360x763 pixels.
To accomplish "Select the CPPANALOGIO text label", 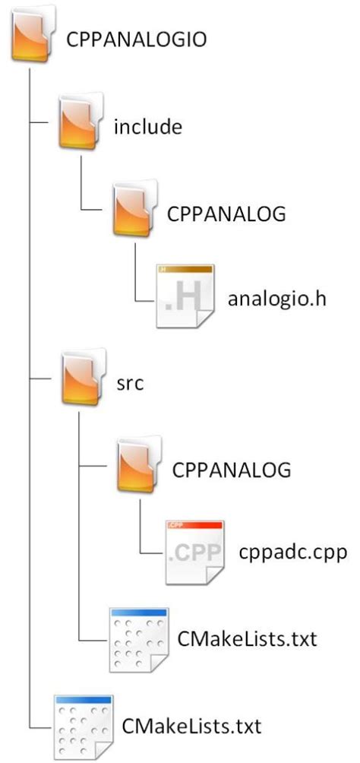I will point(137,40).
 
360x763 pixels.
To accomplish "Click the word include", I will point(147,127).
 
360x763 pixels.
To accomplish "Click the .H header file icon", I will point(185,296).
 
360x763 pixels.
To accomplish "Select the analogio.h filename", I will point(276,298).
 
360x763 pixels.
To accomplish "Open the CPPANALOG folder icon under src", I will point(137,468).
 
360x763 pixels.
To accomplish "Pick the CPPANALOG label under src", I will point(232,470).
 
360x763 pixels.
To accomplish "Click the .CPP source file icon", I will point(194,551).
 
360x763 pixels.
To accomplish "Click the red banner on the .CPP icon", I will point(194,524).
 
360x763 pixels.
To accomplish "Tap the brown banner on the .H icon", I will point(185,269).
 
